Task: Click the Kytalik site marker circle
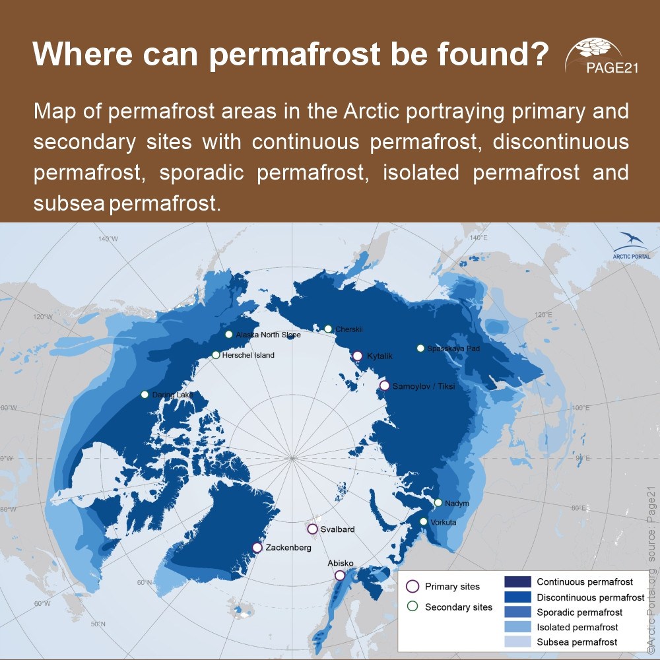(x=357, y=356)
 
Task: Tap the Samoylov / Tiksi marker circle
(x=384, y=385)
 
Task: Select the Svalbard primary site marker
(x=312, y=529)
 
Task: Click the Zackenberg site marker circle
(x=257, y=547)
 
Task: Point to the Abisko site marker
(x=340, y=576)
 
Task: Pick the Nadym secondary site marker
(x=438, y=503)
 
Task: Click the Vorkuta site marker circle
(x=424, y=521)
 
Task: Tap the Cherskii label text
(x=349, y=329)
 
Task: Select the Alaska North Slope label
(x=268, y=335)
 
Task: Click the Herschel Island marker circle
(x=216, y=355)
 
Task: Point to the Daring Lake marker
(x=145, y=395)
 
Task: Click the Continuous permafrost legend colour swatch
(x=517, y=582)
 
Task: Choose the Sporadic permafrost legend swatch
(x=517, y=612)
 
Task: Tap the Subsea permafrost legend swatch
(x=517, y=642)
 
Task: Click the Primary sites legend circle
(x=412, y=586)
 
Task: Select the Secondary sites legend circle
(x=412, y=607)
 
